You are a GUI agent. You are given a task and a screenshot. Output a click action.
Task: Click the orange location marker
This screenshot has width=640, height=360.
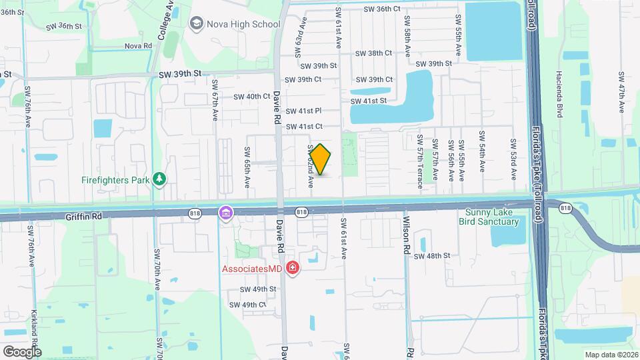point(321,159)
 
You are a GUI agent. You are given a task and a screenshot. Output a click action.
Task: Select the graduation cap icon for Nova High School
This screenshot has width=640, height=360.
point(196,25)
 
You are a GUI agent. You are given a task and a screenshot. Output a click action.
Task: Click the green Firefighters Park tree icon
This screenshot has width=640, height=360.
point(159,179)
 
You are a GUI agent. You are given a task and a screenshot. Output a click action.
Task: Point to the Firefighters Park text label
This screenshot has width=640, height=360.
point(115,179)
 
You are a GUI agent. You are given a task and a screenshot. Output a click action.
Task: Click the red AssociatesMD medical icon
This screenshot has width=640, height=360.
point(292,268)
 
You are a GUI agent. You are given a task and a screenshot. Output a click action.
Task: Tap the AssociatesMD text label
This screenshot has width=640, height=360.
point(251,269)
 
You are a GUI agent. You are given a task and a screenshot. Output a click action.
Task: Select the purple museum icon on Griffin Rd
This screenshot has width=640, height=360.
point(226,213)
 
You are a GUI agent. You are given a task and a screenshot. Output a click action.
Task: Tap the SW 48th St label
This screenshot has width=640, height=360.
point(433,256)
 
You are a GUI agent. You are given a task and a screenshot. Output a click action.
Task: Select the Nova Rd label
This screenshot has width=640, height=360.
point(139,46)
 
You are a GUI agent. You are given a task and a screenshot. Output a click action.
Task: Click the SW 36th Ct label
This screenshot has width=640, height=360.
point(383,9)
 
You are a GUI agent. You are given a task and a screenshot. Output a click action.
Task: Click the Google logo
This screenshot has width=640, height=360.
point(22,351)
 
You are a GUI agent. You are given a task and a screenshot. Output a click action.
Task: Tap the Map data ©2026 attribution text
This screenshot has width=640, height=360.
point(611,355)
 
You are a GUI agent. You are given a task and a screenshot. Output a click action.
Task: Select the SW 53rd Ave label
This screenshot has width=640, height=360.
point(514,159)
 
